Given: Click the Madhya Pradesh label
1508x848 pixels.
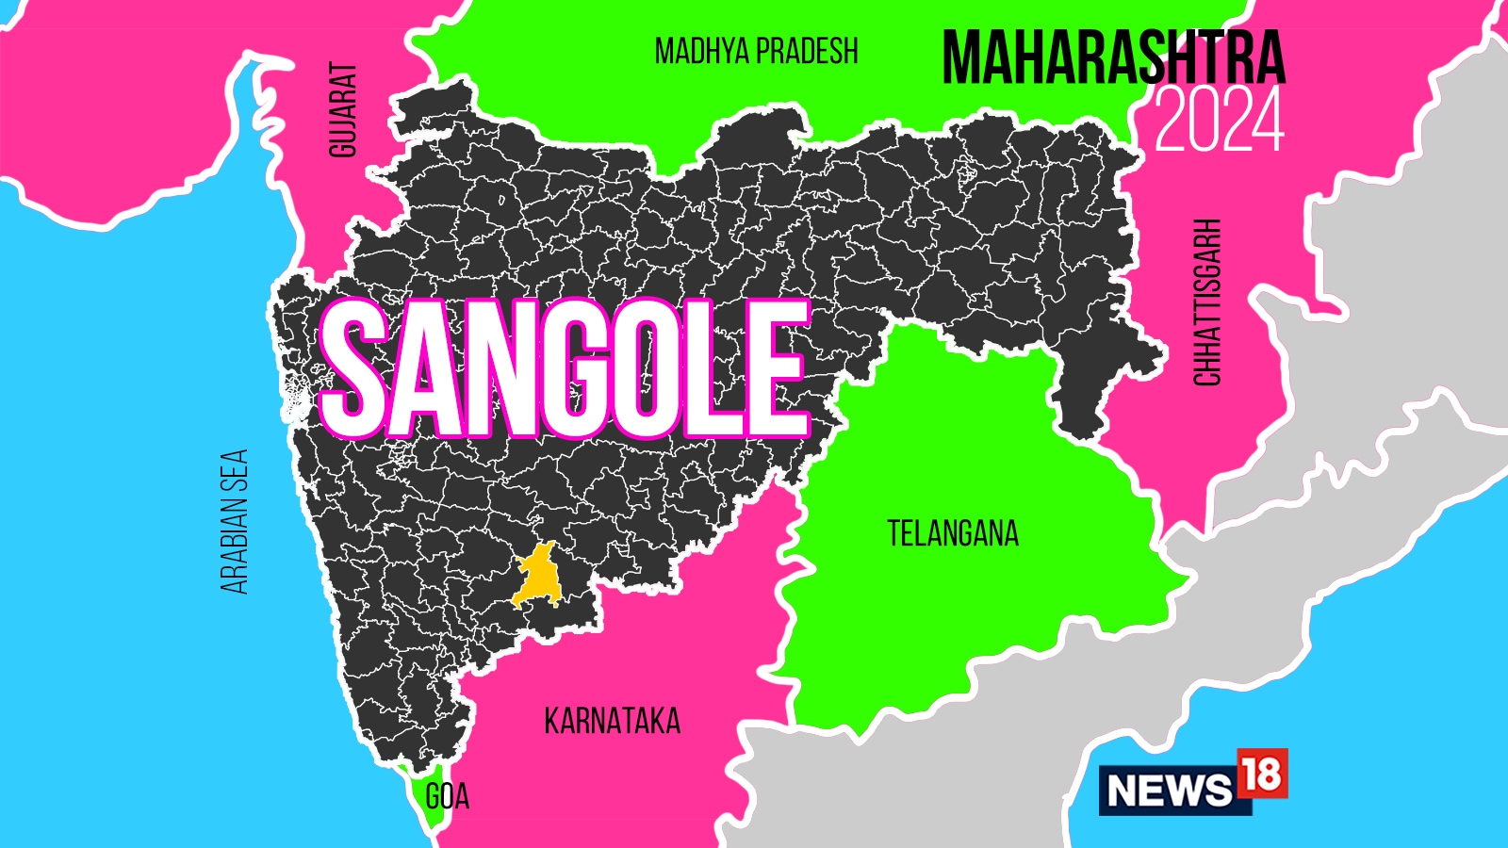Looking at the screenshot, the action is pyautogui.click(x=756, y=51).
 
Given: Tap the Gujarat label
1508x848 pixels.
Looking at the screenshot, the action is pyautogui.click(x=343, y=109).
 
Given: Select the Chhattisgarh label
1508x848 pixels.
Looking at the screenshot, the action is pyautogui.click(x=1207, y=302).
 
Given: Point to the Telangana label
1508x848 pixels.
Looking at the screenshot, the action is pyautogui.click(x=953, y=534).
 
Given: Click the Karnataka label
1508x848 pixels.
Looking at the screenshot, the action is pyautogui.click(x=612, y=722).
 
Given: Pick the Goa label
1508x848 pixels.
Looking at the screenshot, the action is pyautogui.click(x=447, y=797).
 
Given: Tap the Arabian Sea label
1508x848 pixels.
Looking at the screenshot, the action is pyautogui.click(x=234, y=521).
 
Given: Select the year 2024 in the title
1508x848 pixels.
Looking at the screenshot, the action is pyautogui.click(x=1220, y=121).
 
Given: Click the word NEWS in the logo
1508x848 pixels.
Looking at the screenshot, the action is pyautogui.click(x=1170, y=790).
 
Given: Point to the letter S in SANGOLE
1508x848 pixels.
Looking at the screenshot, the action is pyautogui.click(x=356, y=369).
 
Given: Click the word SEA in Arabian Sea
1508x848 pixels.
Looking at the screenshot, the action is pyautogui.click(x=234, y=472).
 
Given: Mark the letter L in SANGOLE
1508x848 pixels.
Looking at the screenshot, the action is pyautogui.click(x=719, y=369).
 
